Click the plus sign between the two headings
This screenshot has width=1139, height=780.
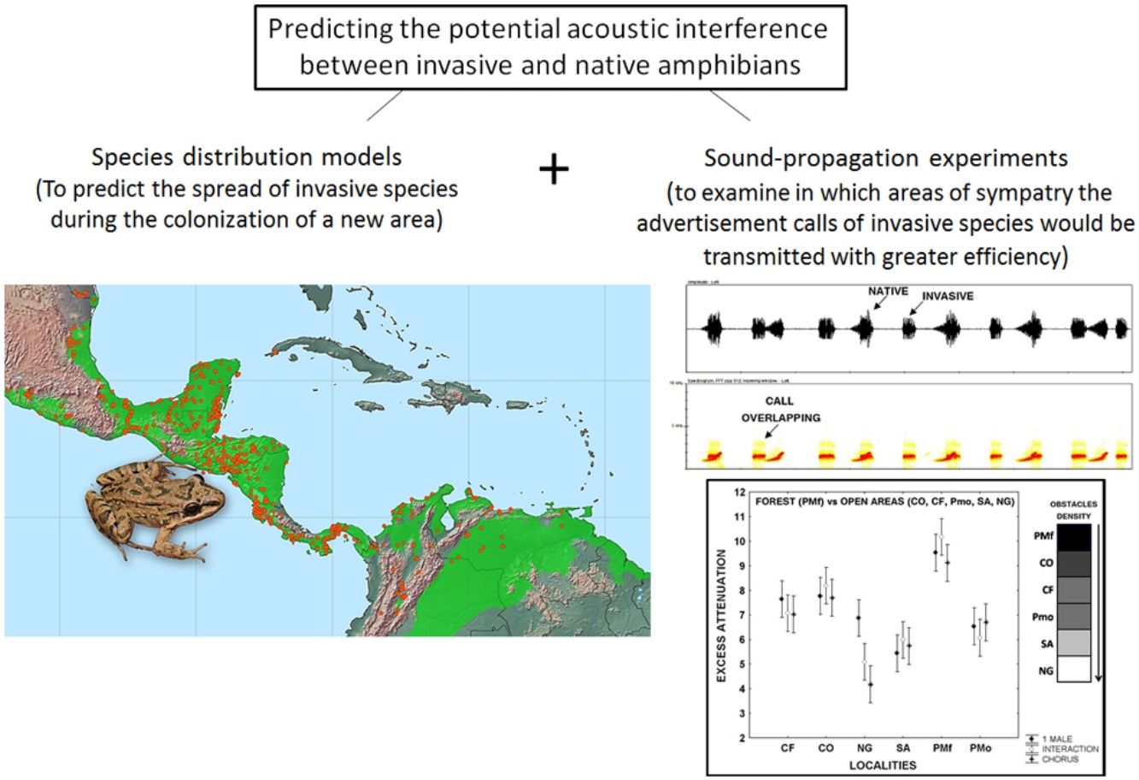554,169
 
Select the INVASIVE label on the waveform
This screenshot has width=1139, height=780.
948,296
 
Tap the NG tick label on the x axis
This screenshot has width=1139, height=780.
863,747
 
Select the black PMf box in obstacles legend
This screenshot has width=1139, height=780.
1076,538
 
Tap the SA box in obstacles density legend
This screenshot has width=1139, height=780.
1076,642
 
